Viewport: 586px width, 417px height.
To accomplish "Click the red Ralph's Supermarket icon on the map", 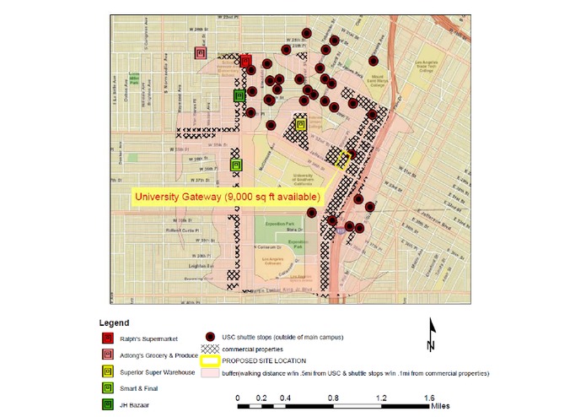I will coord(245,61).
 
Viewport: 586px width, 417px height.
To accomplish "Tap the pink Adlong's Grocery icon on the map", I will coord(201,53).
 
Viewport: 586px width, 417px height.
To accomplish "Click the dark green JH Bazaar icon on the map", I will coord(239,96).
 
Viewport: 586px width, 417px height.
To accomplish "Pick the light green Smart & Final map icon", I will coord(236,165).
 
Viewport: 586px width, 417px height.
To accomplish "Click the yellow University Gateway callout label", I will coord(226,197).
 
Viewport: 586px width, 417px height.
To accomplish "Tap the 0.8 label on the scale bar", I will coord(333,397).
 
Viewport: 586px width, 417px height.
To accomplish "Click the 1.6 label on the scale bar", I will coord(428,397).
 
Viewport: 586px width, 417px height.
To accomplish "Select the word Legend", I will coord(114,322).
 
